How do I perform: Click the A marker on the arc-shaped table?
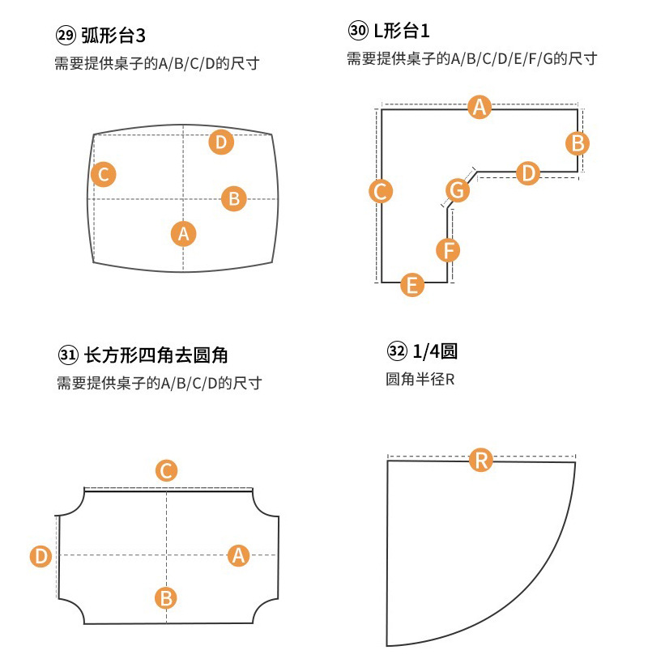tap(184, 234)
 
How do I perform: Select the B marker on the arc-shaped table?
tap(233, 198)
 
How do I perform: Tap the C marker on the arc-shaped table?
tap(103, 174)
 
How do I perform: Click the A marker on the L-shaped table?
tap(480, 107)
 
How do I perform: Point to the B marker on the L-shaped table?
tap(578, 143)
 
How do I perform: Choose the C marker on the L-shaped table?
tap(380, 191)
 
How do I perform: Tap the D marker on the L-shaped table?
tap(527, 172)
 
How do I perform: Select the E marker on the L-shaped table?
tap(412, 284)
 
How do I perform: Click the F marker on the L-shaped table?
tap(448, 250)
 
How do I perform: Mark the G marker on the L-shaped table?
tap(458, 191)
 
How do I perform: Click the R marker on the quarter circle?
tap(481, 461)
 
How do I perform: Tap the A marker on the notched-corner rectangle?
tap(237, 554)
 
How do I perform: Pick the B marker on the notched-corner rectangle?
tap(166, 598)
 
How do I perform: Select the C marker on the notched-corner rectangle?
tap(166, 470)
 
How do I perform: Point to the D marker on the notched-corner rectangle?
tap(41, 555)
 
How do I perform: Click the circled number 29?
tap(64, 36)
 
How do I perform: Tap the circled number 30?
tap(356, 32)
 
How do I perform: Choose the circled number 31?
tap(68, 355)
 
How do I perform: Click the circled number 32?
tap(397, 351)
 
